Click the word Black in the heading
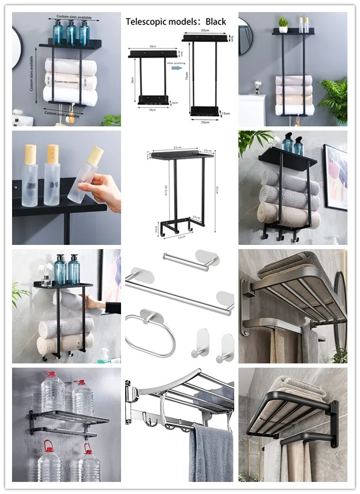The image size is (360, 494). [215, 22]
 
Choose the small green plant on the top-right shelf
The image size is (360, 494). [283, 23]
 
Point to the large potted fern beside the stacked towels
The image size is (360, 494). [334, 99]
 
